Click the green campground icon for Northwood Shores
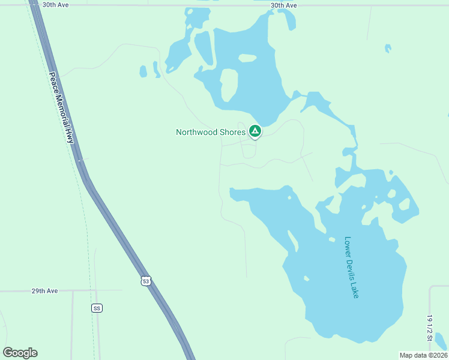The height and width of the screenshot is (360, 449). pos(255,131)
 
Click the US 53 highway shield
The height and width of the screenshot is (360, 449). pos(146,281)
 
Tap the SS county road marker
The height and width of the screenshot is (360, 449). pos(97,308)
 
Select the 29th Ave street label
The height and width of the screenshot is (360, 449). pos(44,291)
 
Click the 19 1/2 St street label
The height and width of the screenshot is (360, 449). pos(430,328)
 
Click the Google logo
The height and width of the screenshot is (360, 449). pos(20,353)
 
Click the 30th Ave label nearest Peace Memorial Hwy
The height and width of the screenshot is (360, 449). pos(56,5)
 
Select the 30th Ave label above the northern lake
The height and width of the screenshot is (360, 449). pos(284,5)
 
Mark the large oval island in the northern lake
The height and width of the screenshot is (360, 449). pos(228,84)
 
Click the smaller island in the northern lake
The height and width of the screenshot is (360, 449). pos(247,58)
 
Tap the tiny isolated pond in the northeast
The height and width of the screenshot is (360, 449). pos(388,48)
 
